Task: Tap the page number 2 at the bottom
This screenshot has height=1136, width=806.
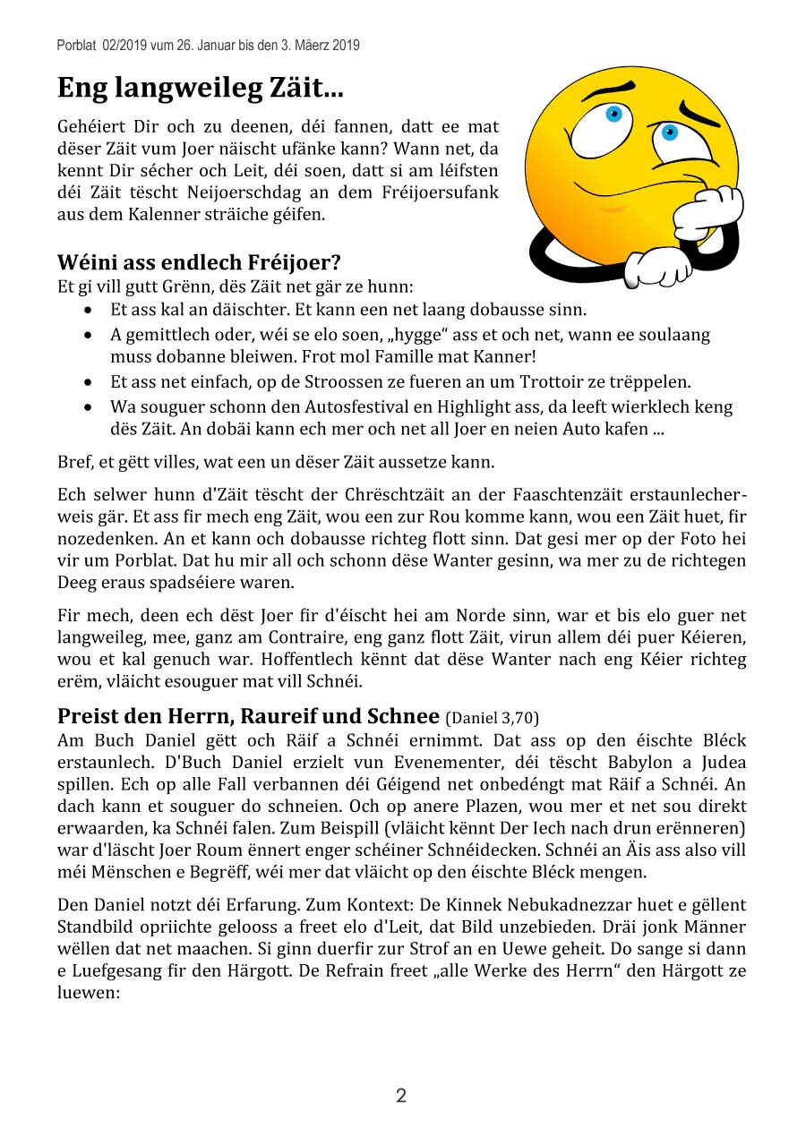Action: [401, 1096]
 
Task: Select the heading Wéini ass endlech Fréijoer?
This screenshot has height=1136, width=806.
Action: [199, 262]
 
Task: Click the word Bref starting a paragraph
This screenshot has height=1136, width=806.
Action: [74, 463]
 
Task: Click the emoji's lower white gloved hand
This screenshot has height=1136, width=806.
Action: [658, 265]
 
